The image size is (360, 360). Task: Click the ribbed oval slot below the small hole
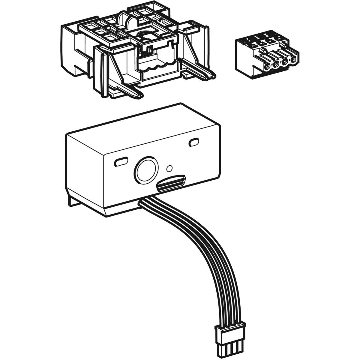[x=172, y=183]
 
